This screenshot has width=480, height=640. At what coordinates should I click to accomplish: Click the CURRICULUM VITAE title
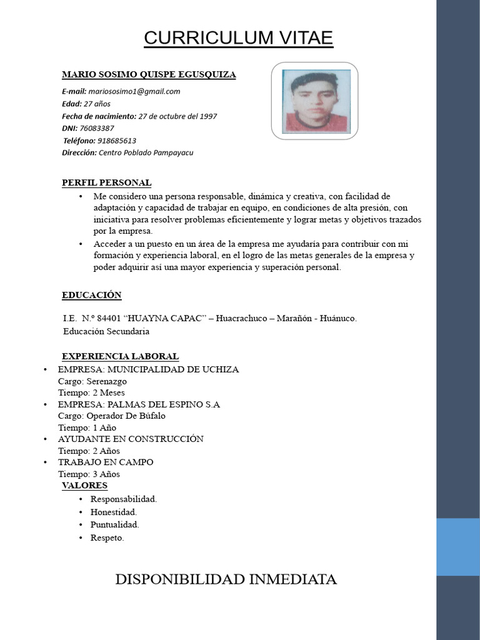tap(238, 38)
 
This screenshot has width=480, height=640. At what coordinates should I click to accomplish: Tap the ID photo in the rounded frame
tap(314, 101)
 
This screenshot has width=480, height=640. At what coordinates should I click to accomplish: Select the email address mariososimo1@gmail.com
tap(134, 91)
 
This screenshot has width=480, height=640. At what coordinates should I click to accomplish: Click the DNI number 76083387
tap(97, 128)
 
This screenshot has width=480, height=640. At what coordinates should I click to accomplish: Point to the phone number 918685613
tap(117, 141)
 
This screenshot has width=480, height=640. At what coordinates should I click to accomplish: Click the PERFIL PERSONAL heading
tap(106, 182)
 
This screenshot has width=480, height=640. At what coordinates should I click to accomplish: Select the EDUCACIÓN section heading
tap(91, 295)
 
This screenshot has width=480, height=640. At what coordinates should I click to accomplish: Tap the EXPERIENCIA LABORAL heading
tap(120, 356)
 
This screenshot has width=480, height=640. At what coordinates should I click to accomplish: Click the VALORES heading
tap(84, 486)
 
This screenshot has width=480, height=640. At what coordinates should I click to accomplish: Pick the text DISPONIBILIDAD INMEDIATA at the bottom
tap(226, 579)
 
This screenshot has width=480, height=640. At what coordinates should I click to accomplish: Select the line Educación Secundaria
tap(106, 331)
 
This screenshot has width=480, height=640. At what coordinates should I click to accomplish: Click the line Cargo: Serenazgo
tap(92, 381)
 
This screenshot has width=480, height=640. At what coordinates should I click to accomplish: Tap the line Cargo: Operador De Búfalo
tap(112, 416)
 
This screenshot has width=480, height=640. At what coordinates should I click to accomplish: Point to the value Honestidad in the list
tap(113, 512)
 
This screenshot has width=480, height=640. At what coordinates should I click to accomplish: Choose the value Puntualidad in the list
tap(114, 524)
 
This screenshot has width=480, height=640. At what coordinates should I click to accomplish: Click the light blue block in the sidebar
tap(457, 546)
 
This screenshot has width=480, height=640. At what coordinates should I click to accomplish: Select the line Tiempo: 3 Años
tap(89, 474)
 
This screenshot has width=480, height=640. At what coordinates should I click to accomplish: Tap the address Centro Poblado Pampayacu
tap(146, 152)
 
